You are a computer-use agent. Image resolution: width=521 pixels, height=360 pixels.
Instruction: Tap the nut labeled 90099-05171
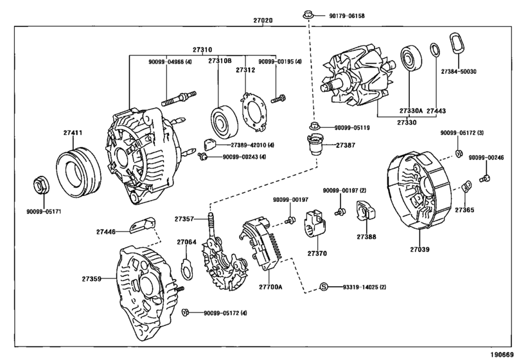click(x=39, y=184)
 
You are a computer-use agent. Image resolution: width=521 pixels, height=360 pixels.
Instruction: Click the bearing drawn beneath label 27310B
click(x=223, y=119)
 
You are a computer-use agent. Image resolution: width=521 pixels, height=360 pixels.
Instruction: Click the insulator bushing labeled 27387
click(x=315, y=146)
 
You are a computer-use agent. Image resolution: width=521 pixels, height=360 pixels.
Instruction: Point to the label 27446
click(x=107, y=230)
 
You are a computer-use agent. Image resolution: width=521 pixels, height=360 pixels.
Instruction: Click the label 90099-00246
click(x=486, y=157)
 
